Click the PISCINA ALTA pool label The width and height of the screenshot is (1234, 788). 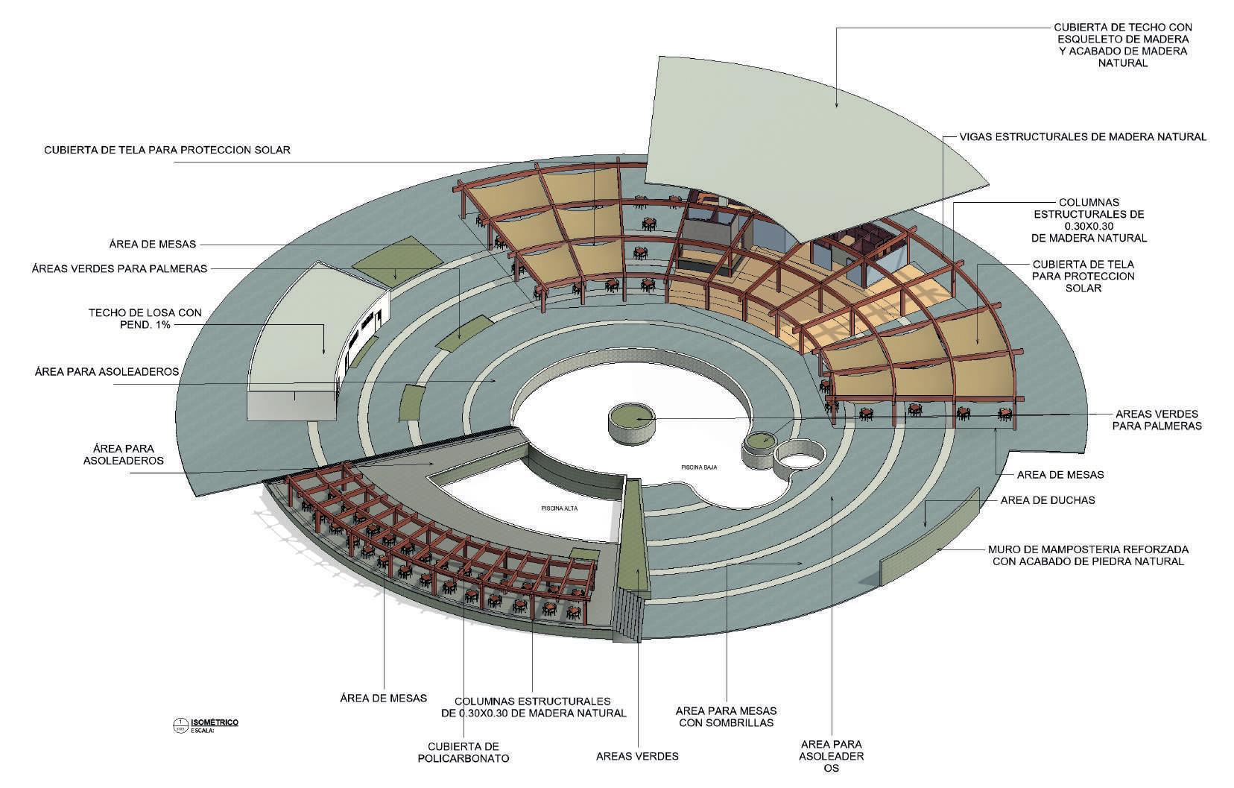[560, 508]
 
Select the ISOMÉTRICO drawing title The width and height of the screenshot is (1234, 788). [215, 722]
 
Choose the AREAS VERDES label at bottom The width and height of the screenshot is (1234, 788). [637, 756]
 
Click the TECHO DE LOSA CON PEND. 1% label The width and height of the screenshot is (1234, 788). [145, 319]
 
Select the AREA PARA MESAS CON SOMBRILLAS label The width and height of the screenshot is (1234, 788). [726, 716]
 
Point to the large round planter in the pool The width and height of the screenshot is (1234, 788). [632, 421]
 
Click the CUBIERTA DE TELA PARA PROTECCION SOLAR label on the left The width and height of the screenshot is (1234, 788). [167, 150]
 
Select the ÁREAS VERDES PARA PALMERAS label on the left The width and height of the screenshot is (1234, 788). [119, 268]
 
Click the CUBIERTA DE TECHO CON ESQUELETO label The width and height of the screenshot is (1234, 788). [1121, 45]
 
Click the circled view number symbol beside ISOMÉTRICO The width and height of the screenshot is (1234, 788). [180, 724]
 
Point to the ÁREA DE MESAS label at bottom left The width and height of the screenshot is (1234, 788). [383, 698]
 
